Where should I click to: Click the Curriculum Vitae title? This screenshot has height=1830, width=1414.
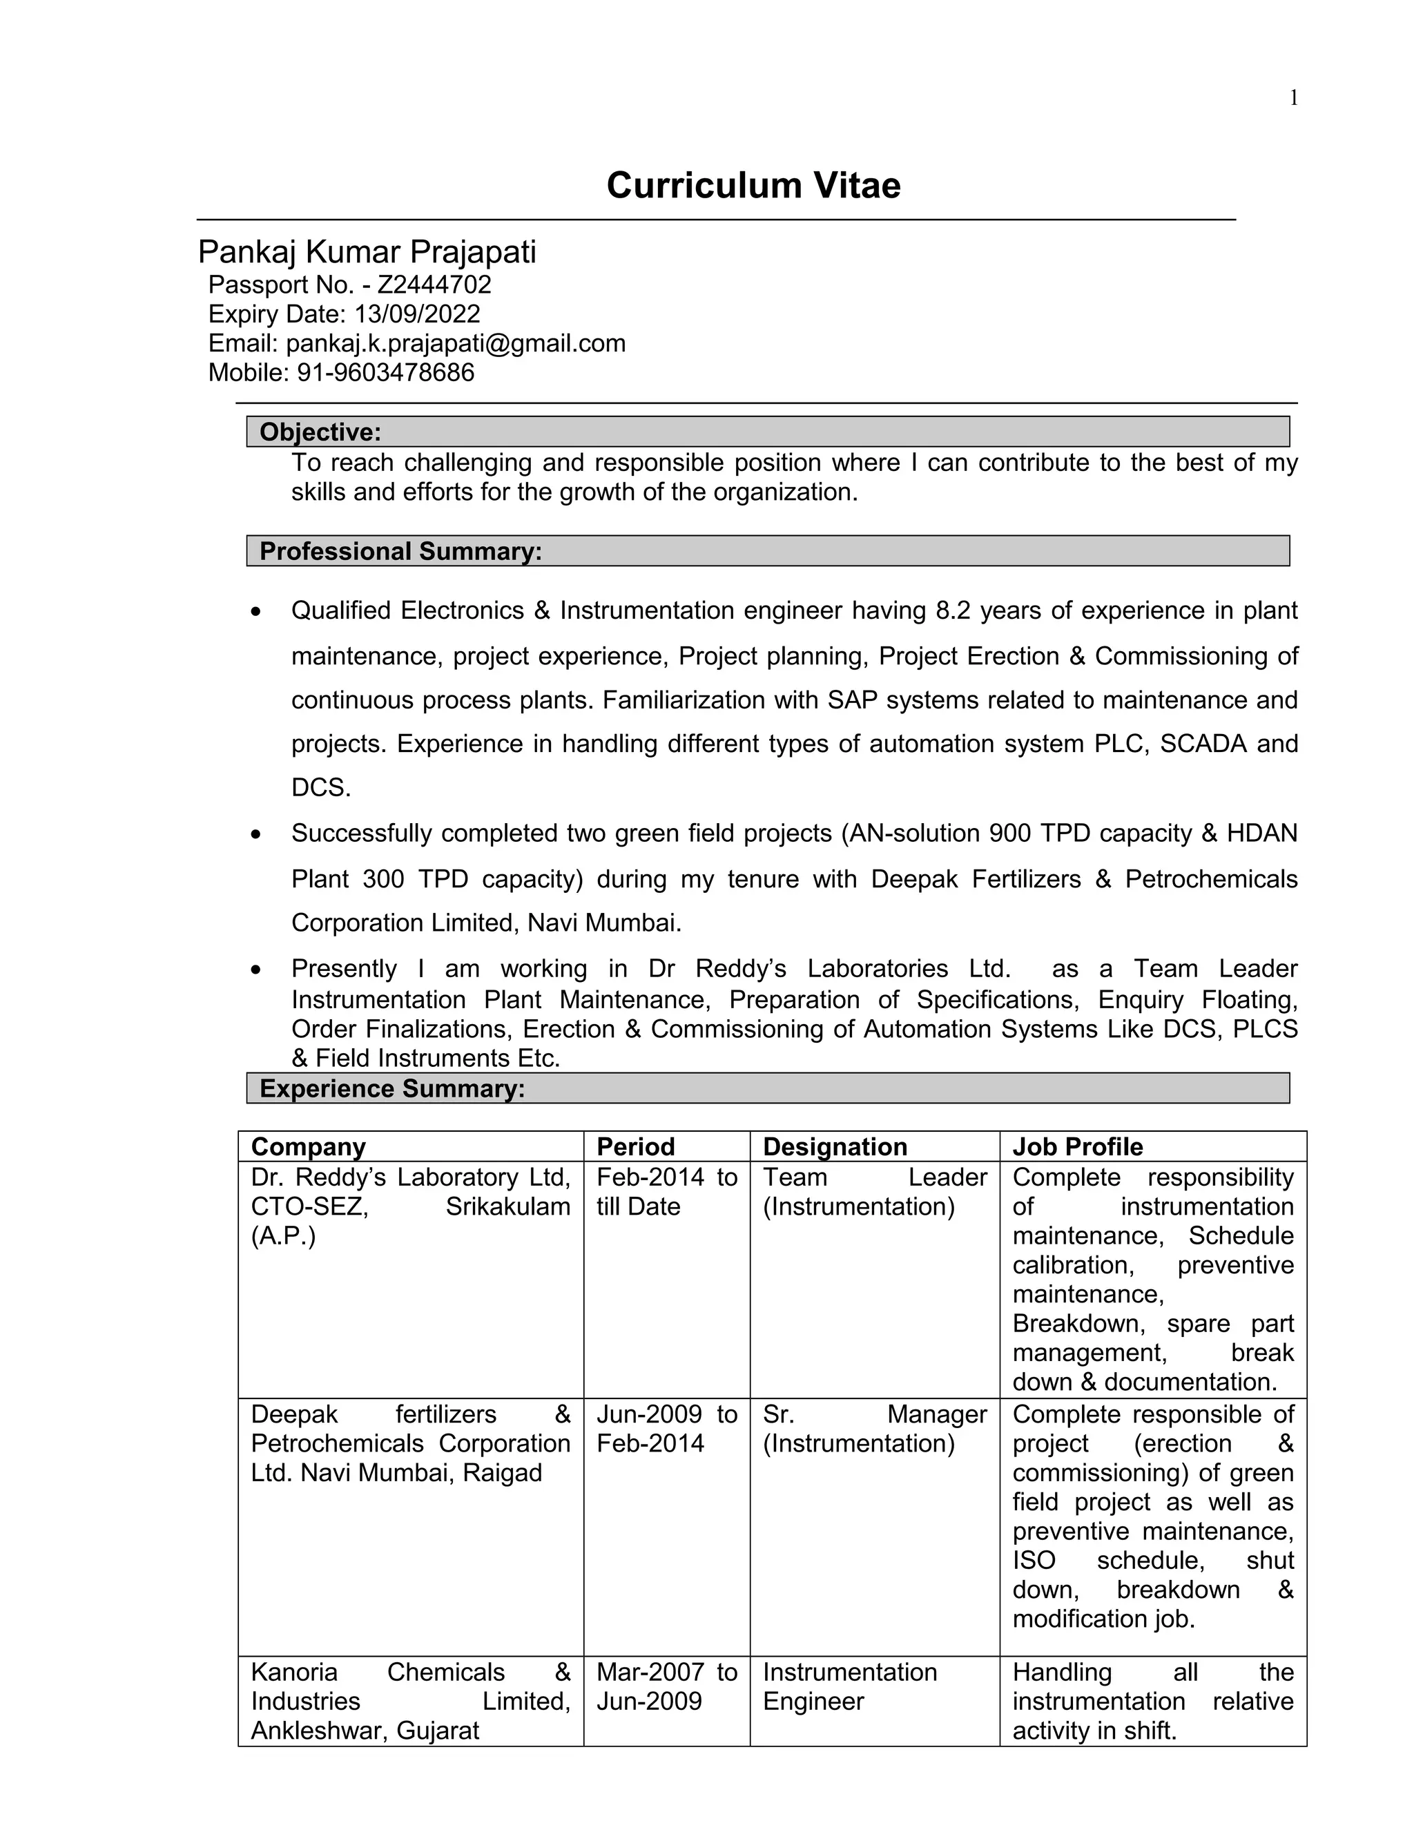point(753,185)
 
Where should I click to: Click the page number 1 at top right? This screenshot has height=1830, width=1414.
point(1293,98)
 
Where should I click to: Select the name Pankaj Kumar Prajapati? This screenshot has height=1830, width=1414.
point(367,251)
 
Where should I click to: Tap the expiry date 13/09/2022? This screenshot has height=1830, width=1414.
point(416,314)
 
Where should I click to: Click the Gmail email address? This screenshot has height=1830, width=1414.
point(456,343)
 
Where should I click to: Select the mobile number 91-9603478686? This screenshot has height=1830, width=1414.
point(385,373)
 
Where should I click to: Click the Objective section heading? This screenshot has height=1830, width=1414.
point(320,432)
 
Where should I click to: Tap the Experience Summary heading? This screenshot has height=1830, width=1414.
point(392,1088)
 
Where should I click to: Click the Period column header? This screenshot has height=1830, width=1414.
point(635,1146)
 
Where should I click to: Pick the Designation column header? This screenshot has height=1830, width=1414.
point(834,1146)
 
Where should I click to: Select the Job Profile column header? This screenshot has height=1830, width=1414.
point(1077,1146)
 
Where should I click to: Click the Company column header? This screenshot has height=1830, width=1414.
point(308,1146)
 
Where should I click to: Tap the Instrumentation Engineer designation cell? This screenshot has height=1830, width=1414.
point(849,1687)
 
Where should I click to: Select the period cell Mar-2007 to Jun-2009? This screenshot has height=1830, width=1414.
point(666,1687)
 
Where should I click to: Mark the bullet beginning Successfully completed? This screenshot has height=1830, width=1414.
point(793,878)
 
